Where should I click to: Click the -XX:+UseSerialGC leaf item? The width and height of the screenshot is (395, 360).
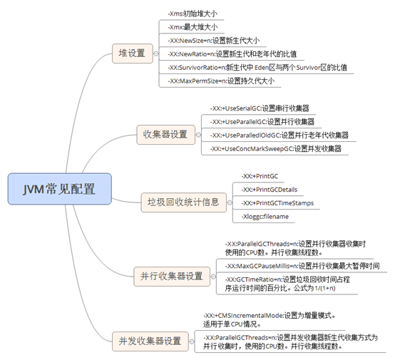coord(260,108)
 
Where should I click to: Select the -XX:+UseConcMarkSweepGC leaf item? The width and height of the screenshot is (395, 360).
coord(275,149)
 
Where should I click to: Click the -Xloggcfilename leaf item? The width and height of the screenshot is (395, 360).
coord(265,216)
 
